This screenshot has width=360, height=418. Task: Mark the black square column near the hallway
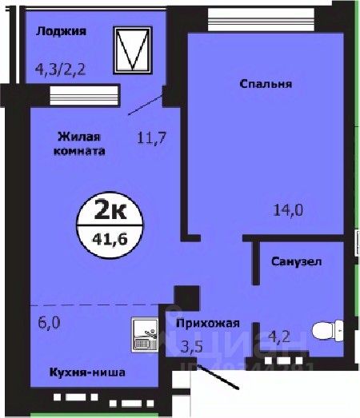click(186, 299)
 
